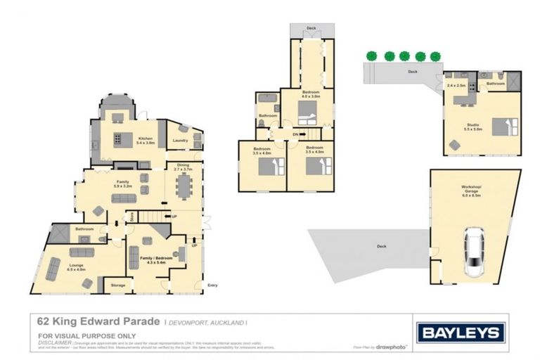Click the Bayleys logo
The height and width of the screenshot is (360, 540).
[461, 332]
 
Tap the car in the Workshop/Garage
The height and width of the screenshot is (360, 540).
[475, 254]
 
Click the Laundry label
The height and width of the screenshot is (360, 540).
[180, 140]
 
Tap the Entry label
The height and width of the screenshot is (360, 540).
[212, 285]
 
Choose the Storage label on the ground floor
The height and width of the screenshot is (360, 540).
[117, 285]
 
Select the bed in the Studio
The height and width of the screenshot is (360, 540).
[503, 127]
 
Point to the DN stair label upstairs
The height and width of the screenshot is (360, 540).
[295, 134]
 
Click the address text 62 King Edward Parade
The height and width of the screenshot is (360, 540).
[97, 321]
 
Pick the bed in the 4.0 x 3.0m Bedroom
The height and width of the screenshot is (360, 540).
[307, 111]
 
